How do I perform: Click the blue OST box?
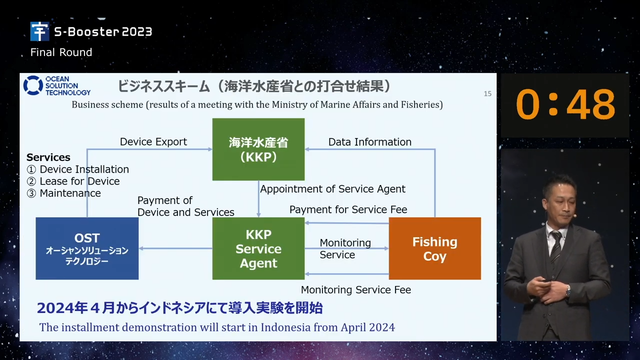(x=87, y=248)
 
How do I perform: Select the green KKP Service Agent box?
(x=258, y=248)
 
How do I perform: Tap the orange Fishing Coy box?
(x=435, y=248)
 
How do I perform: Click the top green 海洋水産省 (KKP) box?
(x=258, y=149)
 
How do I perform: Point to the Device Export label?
(x=153, y=141)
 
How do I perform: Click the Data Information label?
(x=369, y=142)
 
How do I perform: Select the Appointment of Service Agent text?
(x=332, y=189)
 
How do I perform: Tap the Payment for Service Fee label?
(x=348, y=209)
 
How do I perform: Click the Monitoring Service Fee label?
(x=356, y=290)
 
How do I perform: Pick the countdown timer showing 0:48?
(x=565, y=104)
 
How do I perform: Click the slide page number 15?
(x=487, y=93)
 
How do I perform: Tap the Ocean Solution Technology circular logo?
(x=33, y=85)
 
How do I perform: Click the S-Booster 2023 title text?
(x=103, y=31)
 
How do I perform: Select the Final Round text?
(x=61, y=52)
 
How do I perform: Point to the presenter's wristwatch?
(x=568, y=291)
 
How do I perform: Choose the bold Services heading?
(x=48, y=157)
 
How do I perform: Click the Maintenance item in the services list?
(x=70, y=193)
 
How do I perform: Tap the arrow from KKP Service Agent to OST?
(x=175, y=248)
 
